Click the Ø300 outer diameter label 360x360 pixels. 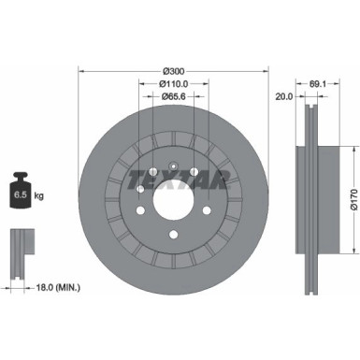[173, 71]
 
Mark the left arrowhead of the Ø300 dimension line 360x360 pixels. [81, 71]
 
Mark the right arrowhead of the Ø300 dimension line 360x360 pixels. [266, 71]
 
